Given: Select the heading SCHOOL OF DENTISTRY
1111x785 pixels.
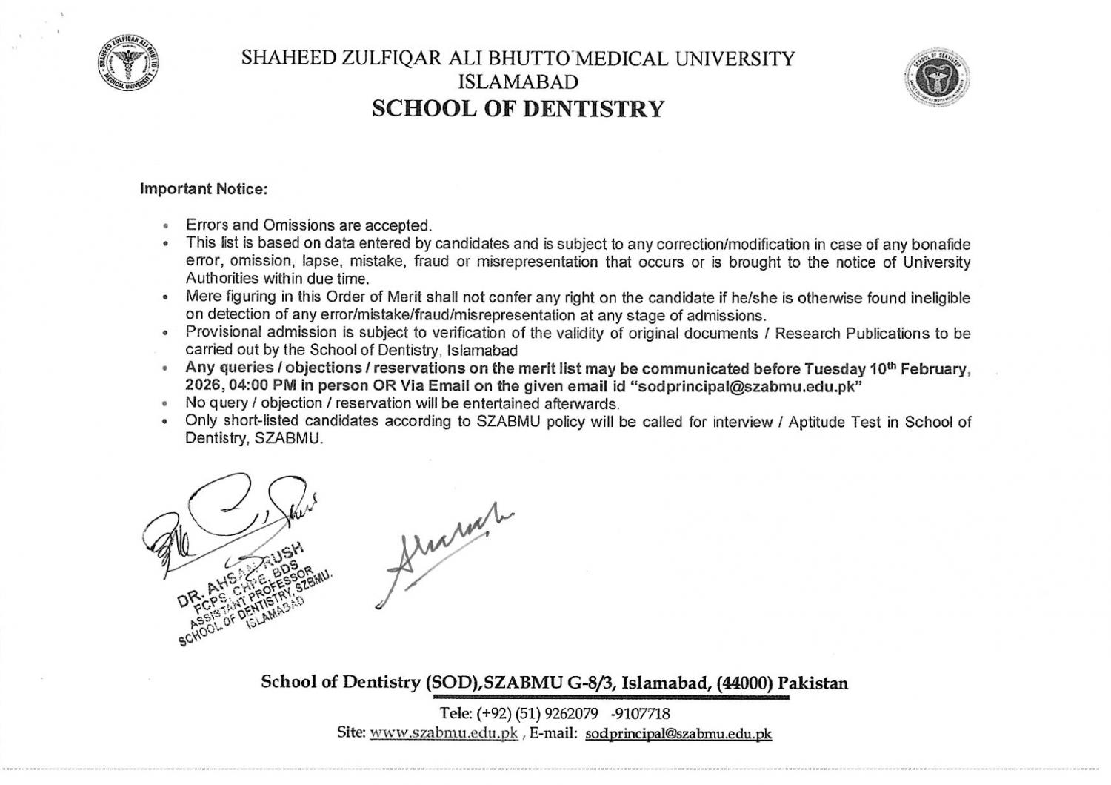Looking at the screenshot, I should pyautogui.click(x=518, y=109).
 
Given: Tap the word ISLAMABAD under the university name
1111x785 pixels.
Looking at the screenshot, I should pyautogui.click(x=518, y=81).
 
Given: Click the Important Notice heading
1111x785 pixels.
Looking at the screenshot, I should pyautogui.click(x=203, y=189).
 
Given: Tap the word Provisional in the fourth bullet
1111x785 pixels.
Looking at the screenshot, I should pyautogui.click(x=221, y=333).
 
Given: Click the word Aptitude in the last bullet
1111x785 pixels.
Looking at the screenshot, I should pyautogui.click(x=817, y=422).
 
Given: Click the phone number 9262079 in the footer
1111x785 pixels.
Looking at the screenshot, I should pyautogui.click(x=571, y=714).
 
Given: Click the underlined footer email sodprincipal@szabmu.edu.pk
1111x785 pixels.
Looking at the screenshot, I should pyautogui.click(x=678, y=733).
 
